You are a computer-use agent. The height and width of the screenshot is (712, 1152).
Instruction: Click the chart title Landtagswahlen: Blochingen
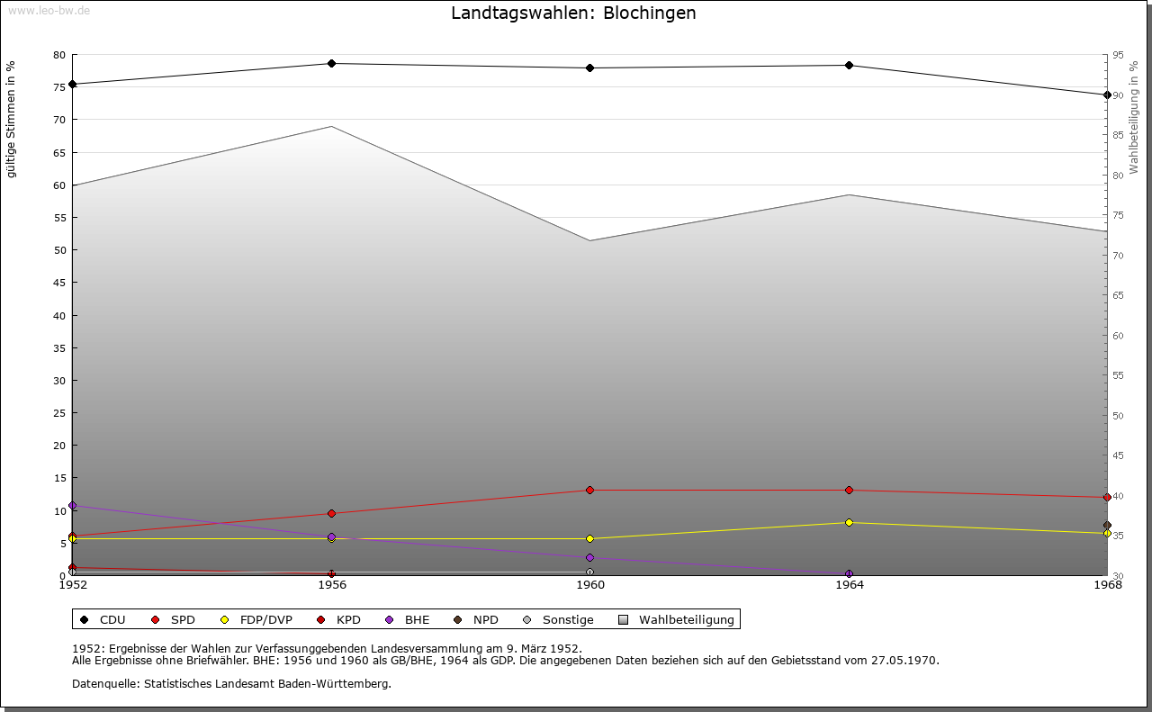(573, 14)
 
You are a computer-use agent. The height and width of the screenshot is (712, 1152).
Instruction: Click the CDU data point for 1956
(331, 63)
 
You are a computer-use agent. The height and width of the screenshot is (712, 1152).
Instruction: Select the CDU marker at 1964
(849, 65)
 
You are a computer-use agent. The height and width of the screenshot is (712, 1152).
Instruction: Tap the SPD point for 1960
(589, 490)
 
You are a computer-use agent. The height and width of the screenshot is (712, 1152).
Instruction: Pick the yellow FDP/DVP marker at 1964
(849, 522)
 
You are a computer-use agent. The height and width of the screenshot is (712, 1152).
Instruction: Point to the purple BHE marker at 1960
(589, 557)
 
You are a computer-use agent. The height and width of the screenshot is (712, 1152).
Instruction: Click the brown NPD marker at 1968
(1107, 525)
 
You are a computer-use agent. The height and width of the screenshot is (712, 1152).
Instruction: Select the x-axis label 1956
(331, 585)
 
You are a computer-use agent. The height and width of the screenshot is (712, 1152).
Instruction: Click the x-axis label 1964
(849, 585)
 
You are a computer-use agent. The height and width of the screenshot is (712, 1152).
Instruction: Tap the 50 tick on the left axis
(58, 250)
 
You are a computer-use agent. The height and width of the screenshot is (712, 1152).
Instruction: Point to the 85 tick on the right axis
(1118, 135)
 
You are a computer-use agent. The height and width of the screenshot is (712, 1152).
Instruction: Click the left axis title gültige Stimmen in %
(12, 119)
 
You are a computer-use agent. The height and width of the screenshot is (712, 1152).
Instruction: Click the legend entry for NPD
(485, 619)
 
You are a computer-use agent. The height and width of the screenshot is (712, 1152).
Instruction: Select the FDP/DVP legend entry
(265, 619)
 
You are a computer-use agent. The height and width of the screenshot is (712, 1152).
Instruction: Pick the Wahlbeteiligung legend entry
(686, 619)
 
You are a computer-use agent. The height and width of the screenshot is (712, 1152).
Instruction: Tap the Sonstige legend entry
(567, 619)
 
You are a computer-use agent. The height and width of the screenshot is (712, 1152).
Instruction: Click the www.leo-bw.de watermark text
(49, 10)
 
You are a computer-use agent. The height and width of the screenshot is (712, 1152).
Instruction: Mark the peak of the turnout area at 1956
(331, 126)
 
